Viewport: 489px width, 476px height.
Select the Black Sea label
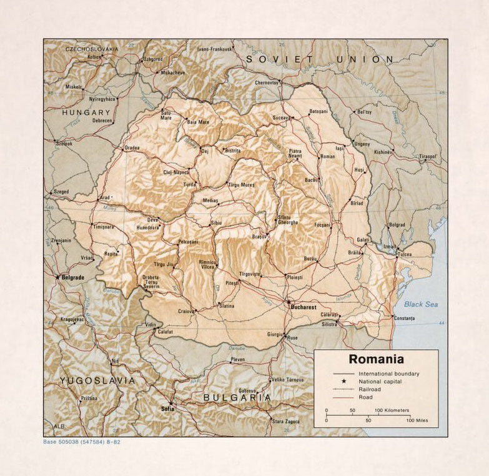pos(420,304)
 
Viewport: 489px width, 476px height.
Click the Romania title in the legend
pos(376,359)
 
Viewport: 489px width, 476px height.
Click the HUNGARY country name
pos(86,112)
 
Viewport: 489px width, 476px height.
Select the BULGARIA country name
pos(237,397)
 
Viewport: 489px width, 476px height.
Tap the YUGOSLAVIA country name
pos(97,380)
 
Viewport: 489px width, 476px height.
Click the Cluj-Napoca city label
pos(177,172)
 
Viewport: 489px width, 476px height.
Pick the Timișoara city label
pos(104,227)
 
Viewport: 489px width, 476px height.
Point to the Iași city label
pos(340,149)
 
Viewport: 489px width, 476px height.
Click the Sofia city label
pos(167,409)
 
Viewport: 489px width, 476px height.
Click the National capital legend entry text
pos(380,381)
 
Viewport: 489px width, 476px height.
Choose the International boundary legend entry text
pos(388,374)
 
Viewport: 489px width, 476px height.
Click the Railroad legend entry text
pos(370,389)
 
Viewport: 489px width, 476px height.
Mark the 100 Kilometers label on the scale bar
pos(392,410)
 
